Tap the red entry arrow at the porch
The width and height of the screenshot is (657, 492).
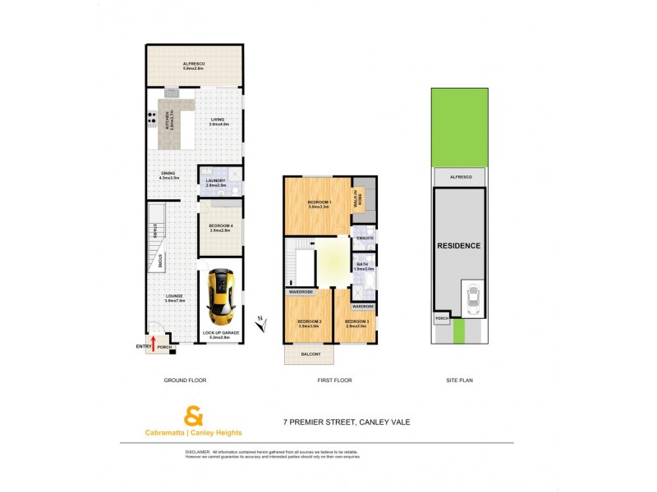pyautogui.click(x=153, y=343)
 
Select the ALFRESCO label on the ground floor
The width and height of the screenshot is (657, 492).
pyautogui.click(x=194, y=65)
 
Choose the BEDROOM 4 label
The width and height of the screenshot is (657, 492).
pyautogui.click(x=220, y=227)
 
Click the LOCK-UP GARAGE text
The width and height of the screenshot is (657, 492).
pyautogui.click(x=220, y=334)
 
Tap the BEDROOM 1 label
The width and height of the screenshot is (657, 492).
pyautogui.click(x=319, y=203)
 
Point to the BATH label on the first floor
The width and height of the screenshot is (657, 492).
pyautogui.click(x=364, y=264)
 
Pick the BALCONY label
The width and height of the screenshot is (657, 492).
pyautogui.click(x=310, y=353)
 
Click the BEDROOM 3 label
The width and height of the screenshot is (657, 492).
pyautogui.click(x=356, y=322)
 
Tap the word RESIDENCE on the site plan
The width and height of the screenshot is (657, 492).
pyautogui.click(x=458, y=245)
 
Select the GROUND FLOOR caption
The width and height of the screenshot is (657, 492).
pyautogui.click(x=186, y=380)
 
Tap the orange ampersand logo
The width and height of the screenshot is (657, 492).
pyautogui.click(x=194, y=415)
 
